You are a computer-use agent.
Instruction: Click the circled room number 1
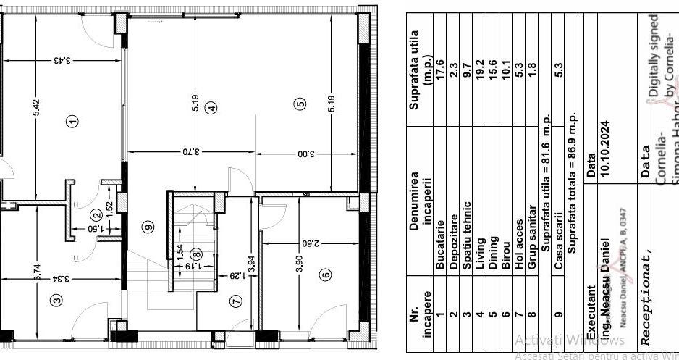(71, 121)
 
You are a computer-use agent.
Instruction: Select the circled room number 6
(325, 275)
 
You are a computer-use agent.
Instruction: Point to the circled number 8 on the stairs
(195, 254)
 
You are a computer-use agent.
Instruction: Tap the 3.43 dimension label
(63, 61)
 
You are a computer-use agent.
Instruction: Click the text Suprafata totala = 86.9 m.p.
(571, 183)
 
